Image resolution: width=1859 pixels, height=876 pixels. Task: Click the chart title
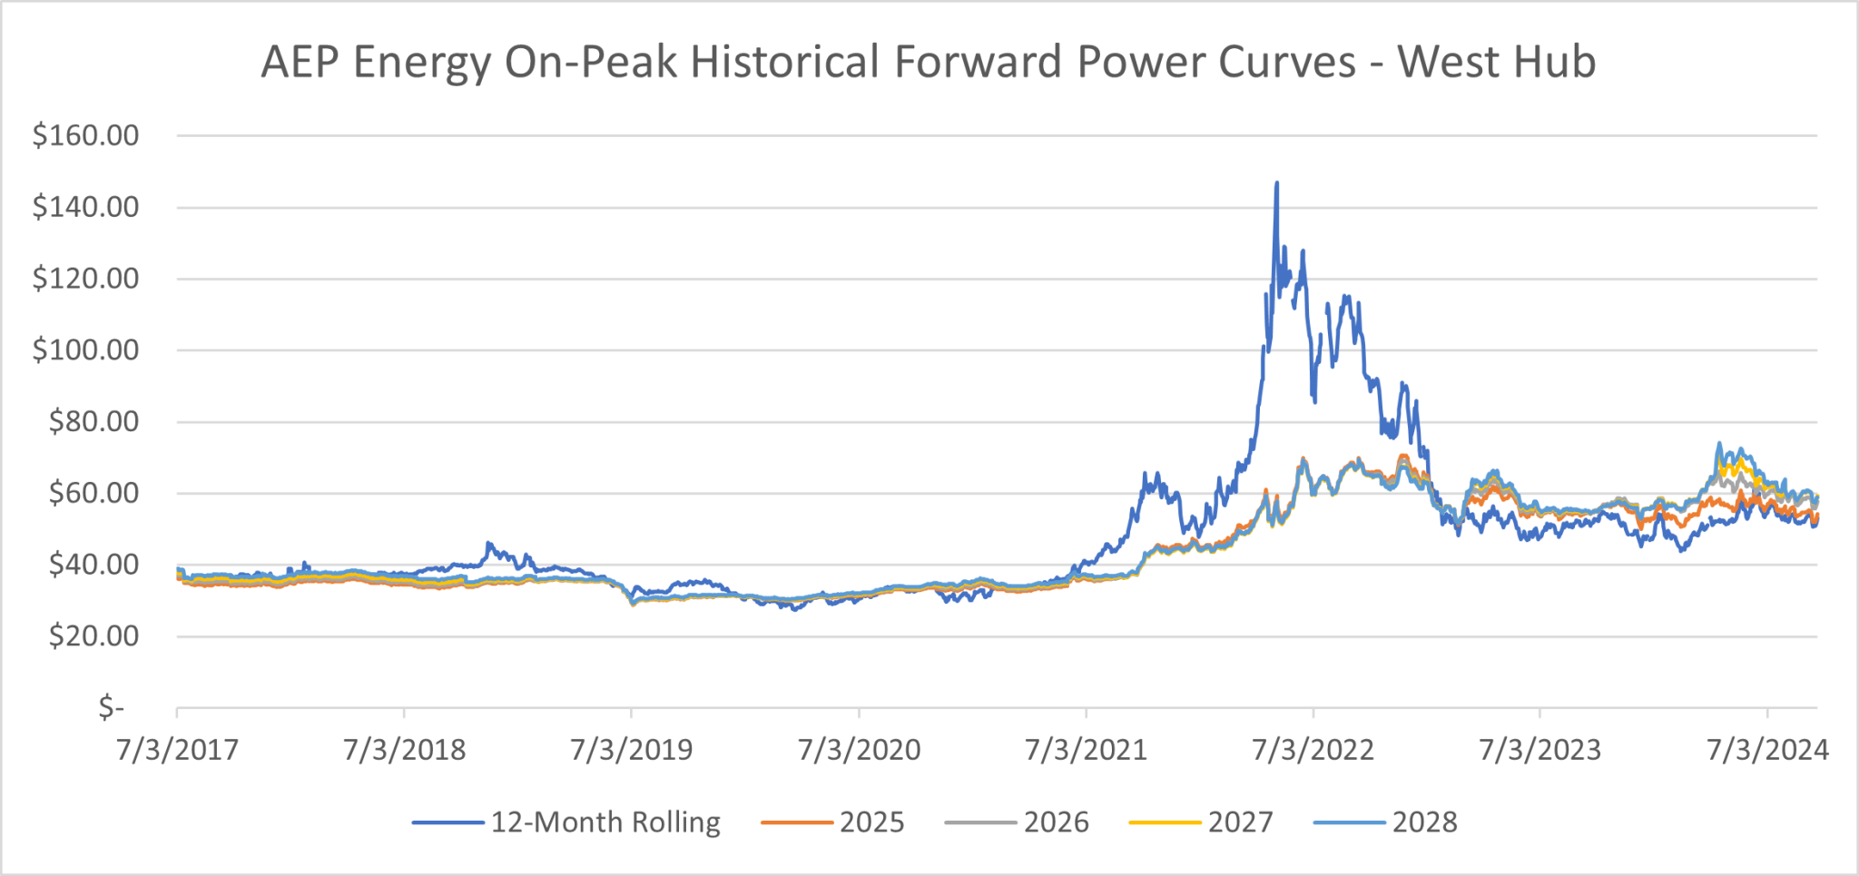click(928, 63)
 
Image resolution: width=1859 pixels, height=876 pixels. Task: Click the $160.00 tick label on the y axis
click(86, 136)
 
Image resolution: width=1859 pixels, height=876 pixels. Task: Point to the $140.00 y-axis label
click(86, 208)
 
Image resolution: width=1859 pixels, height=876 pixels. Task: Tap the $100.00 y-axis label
click(86, 350)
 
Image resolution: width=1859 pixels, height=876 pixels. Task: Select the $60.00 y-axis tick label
click(93, 494)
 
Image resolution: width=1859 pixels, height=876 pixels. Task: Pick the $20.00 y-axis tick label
click(93, 636)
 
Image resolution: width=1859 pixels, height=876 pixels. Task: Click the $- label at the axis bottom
click(112, 707)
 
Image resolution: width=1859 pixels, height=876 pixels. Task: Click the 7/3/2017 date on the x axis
click(177, 750)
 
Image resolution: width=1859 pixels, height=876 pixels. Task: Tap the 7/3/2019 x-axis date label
click(632, 750)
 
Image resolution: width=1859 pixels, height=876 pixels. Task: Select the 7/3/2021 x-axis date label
click(1086, 750)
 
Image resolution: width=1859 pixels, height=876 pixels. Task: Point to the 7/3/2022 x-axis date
click(1313, 750)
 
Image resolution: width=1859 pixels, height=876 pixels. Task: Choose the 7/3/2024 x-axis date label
click(1767, 750)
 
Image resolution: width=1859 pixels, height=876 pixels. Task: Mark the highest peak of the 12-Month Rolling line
click(1277, 183)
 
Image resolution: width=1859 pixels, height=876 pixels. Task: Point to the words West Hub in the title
click(1496, 63)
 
